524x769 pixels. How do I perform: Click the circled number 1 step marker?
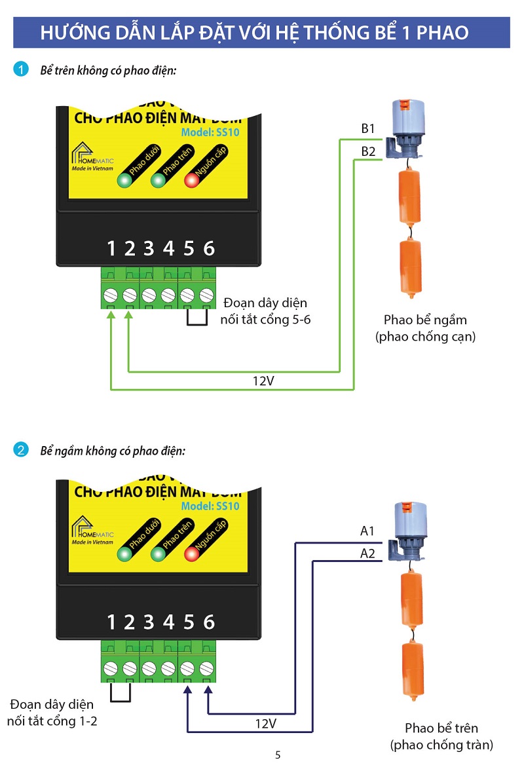[22, 69]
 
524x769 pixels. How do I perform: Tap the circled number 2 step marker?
[22, 451]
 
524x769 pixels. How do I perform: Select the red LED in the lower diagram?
[192, 554]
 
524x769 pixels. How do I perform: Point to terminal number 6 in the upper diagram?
[209, 248]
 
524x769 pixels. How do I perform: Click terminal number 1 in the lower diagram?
[111, 622]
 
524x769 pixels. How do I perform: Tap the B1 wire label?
[369, 129]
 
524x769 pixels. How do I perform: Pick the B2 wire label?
[369, 152]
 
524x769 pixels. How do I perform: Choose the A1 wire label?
[367, 531]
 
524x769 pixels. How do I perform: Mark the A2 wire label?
[367, 553]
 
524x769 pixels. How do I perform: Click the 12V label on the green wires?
[263, 381]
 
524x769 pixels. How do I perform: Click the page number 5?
[278, 755]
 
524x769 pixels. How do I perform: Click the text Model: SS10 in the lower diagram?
[210, 506]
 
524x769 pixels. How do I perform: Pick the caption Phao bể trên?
[441, 728]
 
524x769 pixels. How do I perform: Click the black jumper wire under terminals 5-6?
[198, 320]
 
